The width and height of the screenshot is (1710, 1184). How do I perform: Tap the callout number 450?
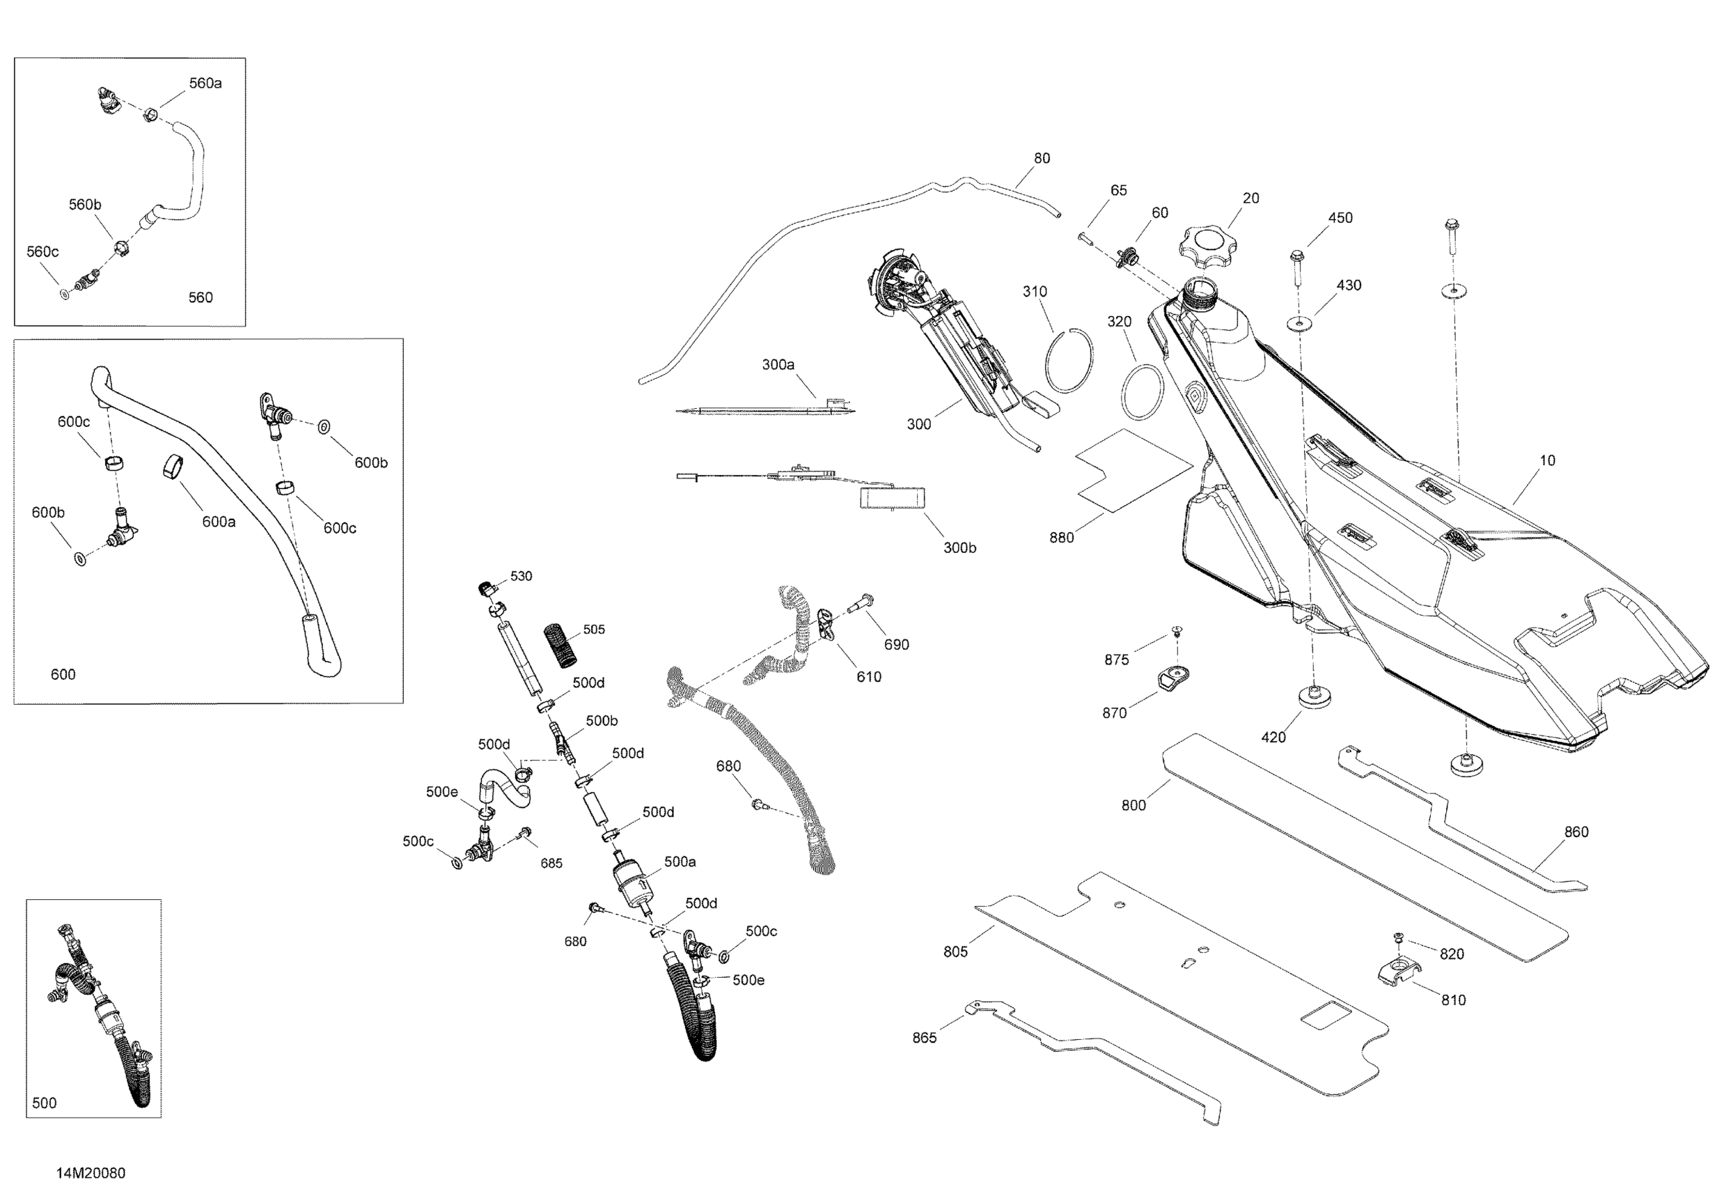[x=1340, y=218]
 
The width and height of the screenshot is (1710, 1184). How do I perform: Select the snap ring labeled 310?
[x=1069, y=360]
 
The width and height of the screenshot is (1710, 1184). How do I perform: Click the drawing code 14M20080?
[x=91, y=1173]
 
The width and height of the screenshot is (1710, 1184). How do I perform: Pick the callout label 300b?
[x=959, y=548]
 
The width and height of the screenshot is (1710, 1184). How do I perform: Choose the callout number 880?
[x=1061, y=538]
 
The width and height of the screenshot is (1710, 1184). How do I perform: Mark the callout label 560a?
[x=205, y=84]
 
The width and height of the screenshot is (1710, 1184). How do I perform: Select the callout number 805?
[x=955, y=952]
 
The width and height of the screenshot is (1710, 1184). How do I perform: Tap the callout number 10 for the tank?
[x=1547, y=460]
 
